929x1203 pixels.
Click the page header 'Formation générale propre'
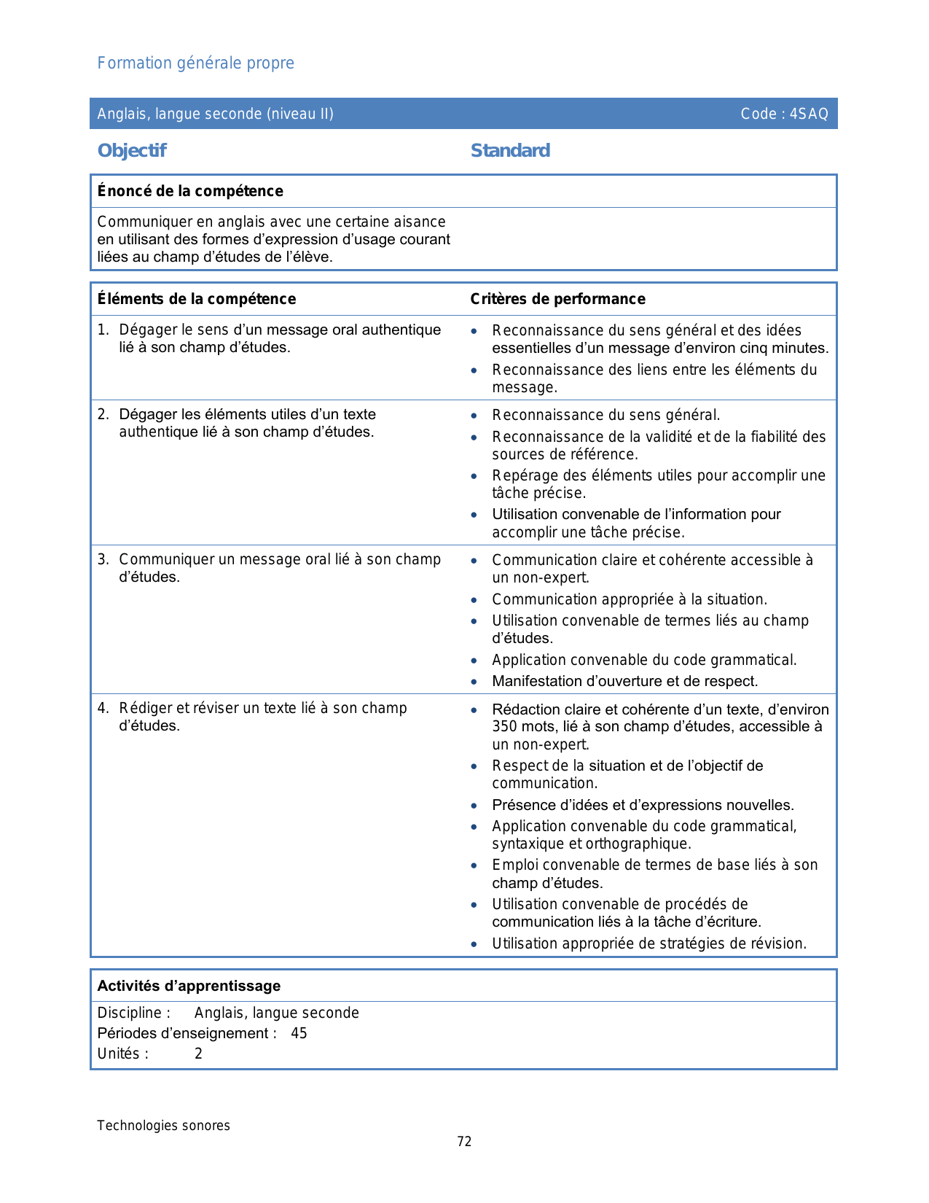click(x=195, y=63)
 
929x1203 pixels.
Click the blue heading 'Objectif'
click(x=132, y=151)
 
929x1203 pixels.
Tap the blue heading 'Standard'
click(x=510, y=151)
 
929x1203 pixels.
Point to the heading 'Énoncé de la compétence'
click(x=190, y=191)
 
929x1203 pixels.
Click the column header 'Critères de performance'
click(x=557, y=299)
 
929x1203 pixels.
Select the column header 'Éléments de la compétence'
click(x=197, y=299)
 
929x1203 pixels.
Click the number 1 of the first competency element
click(x=102, y=330)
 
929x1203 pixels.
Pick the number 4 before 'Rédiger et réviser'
click(x=103, y=708)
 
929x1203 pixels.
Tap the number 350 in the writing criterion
click(x=505, y=727)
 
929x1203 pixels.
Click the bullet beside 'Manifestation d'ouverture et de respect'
click(x=474, y=682)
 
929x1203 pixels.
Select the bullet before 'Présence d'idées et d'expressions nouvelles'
click(x=474, y=806)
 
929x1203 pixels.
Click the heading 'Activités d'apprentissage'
click(x=189, y=986)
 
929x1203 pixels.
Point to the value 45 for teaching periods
click(x=299, y=1033)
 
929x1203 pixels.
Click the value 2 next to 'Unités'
click(x=198, y=1054)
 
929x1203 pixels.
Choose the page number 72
click(x=464, y=1142)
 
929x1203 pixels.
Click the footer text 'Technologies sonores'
click(x=163, y=1126)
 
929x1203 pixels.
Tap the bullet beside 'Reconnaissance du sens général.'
click(x=474, y=416)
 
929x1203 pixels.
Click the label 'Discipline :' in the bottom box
click(x=134, y=1013)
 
